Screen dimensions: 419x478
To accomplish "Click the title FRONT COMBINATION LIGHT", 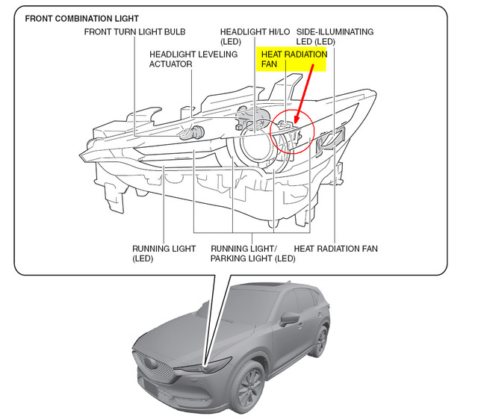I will [x=82, y=18].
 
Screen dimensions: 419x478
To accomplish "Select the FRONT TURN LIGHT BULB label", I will [x=134, y=32].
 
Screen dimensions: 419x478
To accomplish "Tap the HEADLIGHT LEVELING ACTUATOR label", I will [x=193, y=59].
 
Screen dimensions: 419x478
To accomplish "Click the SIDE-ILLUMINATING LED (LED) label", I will [x=335, y=37].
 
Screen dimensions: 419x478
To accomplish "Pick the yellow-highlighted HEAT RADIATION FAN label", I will [x=294, y=60].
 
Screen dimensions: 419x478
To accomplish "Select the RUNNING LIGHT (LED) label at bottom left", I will [x=164, y=253].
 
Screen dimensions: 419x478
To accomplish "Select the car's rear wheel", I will [x=320, y=341].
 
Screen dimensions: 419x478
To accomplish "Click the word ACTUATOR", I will [x=171, y=64].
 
